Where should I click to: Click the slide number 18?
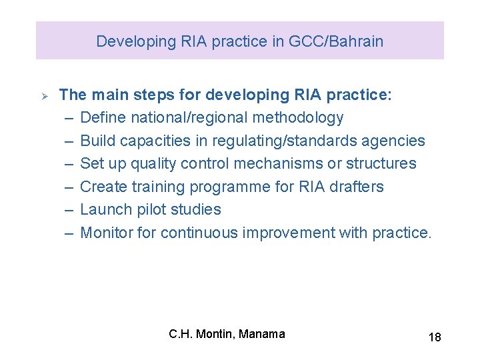click(x=434, y=337)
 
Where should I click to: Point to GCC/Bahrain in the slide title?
click(x=336, y=41)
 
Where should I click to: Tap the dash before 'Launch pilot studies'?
click(x=69, y=209)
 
